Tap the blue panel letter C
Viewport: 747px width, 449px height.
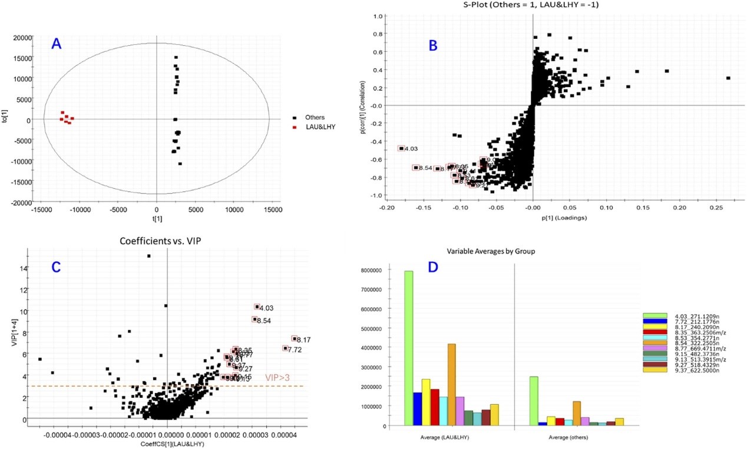57,267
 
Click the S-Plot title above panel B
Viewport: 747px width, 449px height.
533,5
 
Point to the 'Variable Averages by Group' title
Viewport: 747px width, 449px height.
491,251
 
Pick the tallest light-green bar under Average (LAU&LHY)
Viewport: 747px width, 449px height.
408,348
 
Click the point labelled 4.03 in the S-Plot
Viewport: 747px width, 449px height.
402,148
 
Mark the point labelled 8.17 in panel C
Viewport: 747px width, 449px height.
295,338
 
